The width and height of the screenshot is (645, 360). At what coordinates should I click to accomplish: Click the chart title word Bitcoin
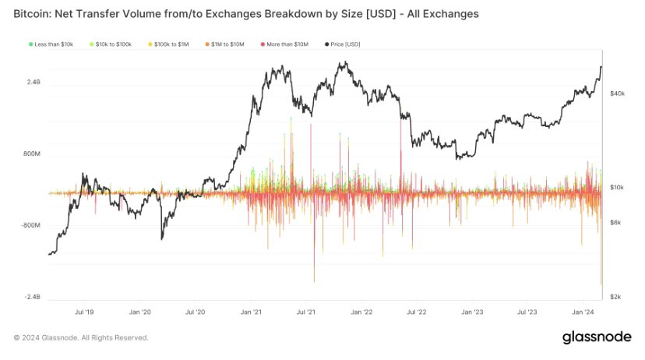tap(37, 14)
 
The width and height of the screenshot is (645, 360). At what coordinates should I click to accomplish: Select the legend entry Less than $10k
tap(52, 45)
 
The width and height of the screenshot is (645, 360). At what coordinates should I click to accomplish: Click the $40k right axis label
tap(617, 94)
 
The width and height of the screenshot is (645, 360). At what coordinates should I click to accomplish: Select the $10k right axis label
tap(617, 188)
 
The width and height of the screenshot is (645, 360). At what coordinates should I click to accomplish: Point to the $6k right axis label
tap(615, 223)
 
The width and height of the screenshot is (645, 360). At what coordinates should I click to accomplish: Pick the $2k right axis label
tap(615, 298)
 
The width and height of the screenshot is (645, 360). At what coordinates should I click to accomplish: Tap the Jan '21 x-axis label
tap(250, 312)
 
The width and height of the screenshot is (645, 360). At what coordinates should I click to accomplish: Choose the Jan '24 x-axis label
tap(584, 312)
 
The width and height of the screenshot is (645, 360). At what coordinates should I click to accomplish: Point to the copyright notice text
tap(81, 337)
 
